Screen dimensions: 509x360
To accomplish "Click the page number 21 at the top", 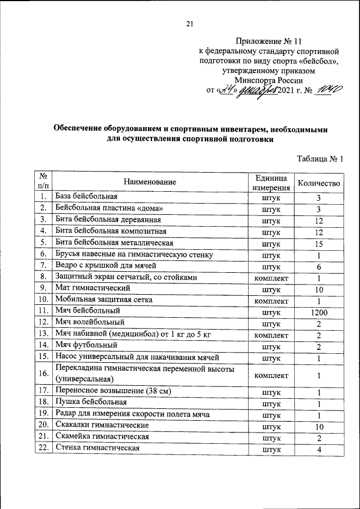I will (x=190, y=23).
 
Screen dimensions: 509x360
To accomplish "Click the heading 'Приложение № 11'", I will (x=269, y=42).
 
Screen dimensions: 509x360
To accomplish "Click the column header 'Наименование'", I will (x=150, y=182).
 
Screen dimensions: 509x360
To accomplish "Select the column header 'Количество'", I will (x=319, y=183).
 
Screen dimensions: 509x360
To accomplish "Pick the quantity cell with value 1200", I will (x=318, y=311).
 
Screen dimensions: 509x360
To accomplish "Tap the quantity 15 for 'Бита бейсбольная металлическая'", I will (x=318, y=243).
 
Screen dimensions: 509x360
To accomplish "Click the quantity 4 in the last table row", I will (x=318, y=449).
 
